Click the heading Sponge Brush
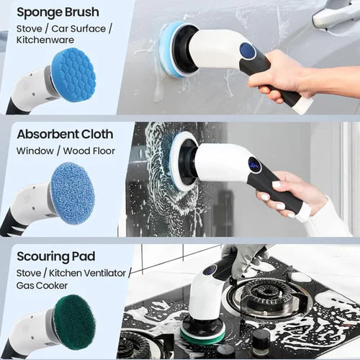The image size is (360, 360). [x=58, y=12]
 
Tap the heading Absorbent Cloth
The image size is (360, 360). [x=65, y=134]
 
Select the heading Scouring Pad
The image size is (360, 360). [x=56, y=256]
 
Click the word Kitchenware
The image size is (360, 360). [x=45, y=40]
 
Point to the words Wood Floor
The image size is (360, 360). [x=89, y=151]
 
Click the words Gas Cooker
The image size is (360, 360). [x=42, y=286]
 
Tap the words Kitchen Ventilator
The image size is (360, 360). [x=87, y=273]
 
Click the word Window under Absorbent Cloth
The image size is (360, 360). [x=35, y=151]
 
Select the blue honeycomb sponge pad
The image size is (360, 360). [x=73, y=75]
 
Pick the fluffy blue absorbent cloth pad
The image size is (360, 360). [x=73, y=193]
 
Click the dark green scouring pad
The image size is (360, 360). [x=74, y=320]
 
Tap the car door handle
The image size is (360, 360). [x=336, y=15]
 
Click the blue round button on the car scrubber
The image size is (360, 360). [x=248, y=50]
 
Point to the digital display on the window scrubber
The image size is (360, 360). [x=255, y=166]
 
